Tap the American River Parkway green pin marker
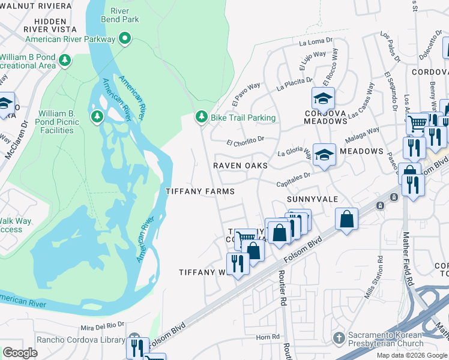125,40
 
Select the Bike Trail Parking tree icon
202,117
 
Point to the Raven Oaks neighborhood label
240,165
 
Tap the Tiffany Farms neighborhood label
200,191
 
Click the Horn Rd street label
264,337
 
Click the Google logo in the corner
20,353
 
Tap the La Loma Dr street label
311,43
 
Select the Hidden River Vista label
51,24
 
